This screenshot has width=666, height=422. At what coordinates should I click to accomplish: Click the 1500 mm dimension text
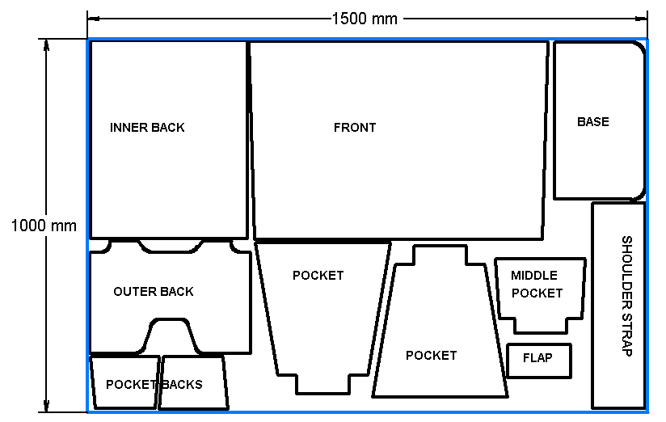[365, 19]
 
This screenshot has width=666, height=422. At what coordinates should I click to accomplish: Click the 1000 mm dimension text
[43, 226]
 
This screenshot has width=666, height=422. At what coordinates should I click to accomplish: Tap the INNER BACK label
[147, 128]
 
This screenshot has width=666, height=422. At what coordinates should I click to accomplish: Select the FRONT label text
[355, 128]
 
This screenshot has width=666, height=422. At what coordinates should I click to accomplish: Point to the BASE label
[592, 122]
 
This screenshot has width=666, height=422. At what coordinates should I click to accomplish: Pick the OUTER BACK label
[154, 292]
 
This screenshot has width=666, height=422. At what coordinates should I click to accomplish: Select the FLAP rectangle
[539, 360]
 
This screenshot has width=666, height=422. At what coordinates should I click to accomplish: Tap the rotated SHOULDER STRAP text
[626, 297]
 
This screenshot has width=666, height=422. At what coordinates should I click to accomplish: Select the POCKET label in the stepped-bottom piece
[318, 276]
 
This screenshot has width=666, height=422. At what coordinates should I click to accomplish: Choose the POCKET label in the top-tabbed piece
[431, 356]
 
